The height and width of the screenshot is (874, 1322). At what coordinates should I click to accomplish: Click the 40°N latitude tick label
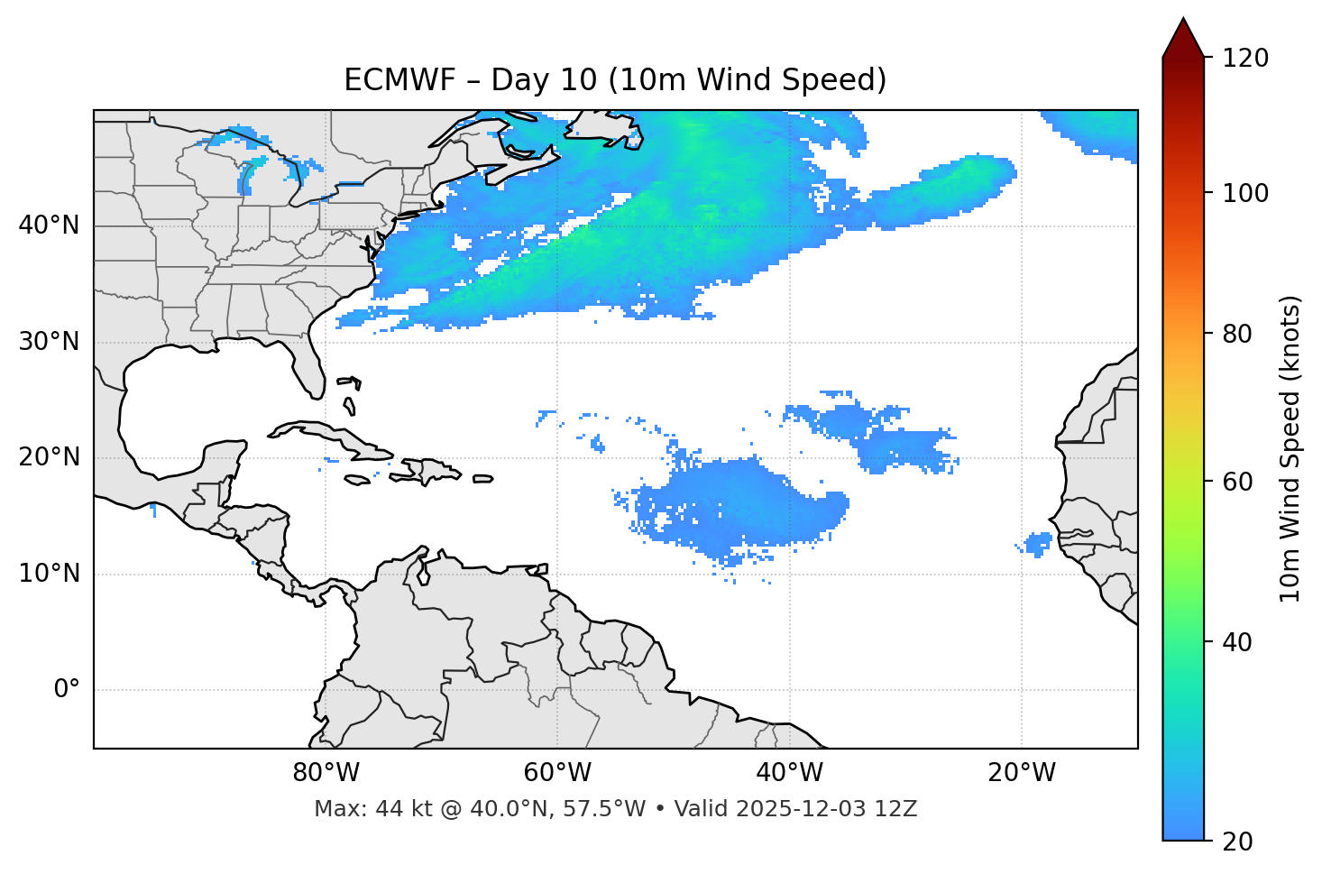[49, 225]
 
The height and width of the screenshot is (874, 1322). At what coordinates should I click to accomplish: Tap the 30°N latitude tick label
[49, 342]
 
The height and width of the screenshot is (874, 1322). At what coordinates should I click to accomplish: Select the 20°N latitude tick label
[49, 457]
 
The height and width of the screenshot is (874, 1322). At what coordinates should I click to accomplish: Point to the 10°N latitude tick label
[49, 574]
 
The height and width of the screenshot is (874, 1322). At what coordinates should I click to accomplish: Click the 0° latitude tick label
[67, 690]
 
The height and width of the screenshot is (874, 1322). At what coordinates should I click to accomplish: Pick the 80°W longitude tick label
[326, 773]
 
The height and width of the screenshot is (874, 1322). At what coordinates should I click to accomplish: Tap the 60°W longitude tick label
[557, 773]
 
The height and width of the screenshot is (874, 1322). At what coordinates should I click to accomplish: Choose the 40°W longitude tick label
[789, 773]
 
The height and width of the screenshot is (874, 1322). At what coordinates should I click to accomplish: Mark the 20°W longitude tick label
[1021, 773]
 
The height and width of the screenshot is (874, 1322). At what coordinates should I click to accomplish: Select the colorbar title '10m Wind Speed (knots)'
[1290, 449]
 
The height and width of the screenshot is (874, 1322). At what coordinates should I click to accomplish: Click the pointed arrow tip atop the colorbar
[1183, 20]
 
